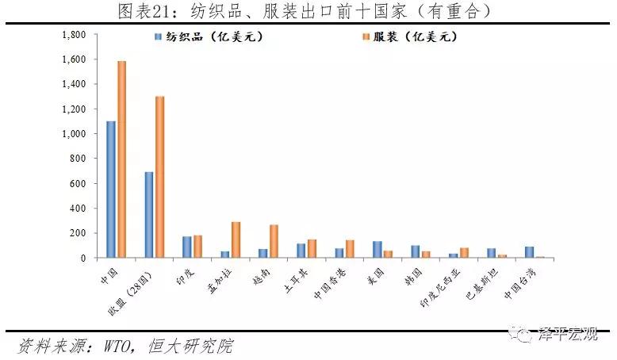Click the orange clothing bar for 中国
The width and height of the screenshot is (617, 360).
click(x=122, y=159)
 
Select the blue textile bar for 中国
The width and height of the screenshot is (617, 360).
click(x=111, y=190)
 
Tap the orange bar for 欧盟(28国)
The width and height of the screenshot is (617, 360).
click(x=159, y=177)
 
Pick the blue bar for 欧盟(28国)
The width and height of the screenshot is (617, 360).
click(x=149, y=215)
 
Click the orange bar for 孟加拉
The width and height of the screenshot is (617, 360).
click(x=236, y=240)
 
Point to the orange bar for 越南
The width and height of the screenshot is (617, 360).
click(x=274, y=241)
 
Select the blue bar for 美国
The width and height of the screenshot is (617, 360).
click(x=377, y=250)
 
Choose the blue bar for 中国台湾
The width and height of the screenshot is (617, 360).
click(x=530, y=252)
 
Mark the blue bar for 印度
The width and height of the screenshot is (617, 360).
click(x=187, y=247)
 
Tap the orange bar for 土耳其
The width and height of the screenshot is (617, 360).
click(x=312, y=249)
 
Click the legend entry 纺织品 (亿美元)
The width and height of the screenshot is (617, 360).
click(x=209, y=37)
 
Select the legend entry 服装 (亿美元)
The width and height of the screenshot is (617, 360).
click(x=410, y=37)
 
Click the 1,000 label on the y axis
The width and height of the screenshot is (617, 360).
click(x=74, y=134)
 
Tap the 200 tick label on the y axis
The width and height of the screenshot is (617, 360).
click(x=78, y=233)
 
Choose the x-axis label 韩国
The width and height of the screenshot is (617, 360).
click(x=413, y=278)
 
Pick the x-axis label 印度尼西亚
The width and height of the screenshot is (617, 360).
click(x=440, y=288)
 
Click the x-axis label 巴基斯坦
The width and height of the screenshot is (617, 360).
click(x=482, y=284)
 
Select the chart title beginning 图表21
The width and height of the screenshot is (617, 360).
click(x=305, y=11)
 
